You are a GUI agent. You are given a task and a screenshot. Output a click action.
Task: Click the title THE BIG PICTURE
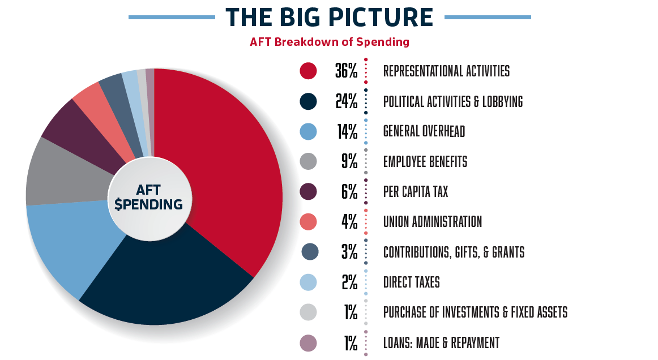[329, 17]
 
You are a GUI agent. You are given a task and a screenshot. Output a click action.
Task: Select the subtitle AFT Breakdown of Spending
[329, 42]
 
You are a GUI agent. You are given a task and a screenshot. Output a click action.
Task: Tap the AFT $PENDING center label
[148, 197]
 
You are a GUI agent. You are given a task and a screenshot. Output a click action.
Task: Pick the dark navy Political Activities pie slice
[170, 283]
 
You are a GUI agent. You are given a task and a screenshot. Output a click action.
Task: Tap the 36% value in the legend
[346, 71]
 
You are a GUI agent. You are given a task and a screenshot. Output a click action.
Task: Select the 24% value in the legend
[346, 102]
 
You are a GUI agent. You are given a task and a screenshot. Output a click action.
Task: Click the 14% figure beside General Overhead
[346, 132]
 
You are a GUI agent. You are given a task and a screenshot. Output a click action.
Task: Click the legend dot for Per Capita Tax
[308, 192]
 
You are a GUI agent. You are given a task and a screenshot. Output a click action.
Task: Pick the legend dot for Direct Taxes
[308, 282]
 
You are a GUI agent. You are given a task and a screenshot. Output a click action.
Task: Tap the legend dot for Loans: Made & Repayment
[308, 342]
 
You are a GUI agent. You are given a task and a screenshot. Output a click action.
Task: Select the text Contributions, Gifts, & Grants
[454, 252]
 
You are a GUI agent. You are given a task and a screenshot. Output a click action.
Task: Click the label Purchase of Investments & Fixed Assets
[475, 312]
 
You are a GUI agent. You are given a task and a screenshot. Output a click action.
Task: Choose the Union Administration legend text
[433, 222]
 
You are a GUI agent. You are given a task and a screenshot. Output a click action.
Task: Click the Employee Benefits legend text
[425, 162]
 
